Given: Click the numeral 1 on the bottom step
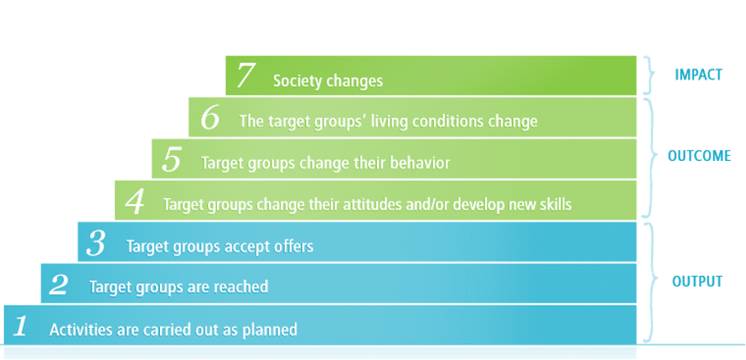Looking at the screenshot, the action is (21, 327).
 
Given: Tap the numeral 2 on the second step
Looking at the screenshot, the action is (59, 285).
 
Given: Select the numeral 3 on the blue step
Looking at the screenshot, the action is (96, 244).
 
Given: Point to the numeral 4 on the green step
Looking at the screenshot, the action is (135, 202).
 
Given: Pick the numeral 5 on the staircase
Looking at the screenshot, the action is (172, 161).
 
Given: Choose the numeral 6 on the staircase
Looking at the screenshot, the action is (210, 119).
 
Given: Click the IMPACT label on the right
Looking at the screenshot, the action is (698, 75).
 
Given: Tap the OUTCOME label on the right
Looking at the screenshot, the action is (699, 156).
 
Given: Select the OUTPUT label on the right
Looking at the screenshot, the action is (697, 282).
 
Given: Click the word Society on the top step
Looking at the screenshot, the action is (297, 82).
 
